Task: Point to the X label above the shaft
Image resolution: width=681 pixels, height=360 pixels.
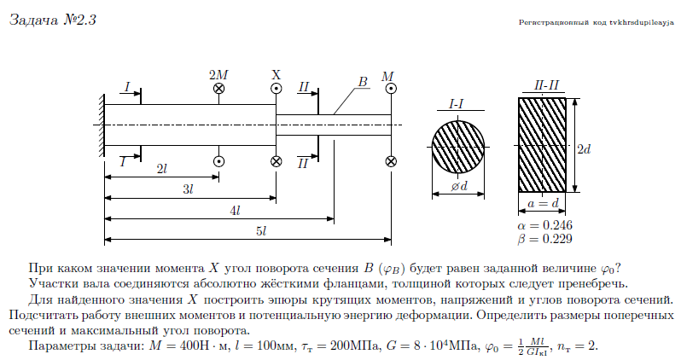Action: [276, 74]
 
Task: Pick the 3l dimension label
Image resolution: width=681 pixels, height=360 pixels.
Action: [189, 189]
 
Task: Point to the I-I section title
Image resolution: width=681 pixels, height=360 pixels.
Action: [457, 103]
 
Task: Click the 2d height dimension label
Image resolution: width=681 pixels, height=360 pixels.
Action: [585, 148]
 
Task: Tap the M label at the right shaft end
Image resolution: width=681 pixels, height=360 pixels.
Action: [389, 76]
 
